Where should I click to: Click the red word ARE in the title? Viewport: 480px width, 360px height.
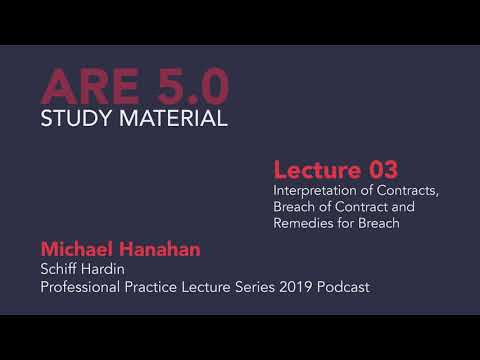point(87,88)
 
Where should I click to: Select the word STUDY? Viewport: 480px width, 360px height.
point(76,120)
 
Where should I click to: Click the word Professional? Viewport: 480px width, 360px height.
point(79,287)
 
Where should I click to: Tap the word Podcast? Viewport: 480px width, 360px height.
point(345,287)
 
